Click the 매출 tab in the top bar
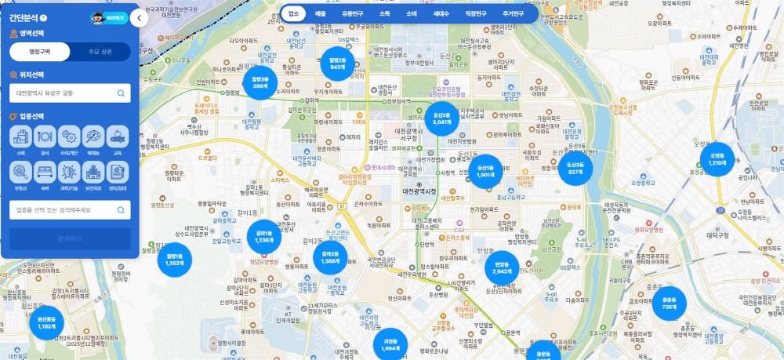[x=321, y=13]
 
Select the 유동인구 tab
[x=352, y=13]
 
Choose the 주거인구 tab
[x=513, y=13]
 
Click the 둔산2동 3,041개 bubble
[x=442, y=119]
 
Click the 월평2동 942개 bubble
[x=337, y=64]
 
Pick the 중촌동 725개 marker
[x=669, y=304]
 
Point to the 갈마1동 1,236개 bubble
[x=264, y=236]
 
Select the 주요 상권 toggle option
[x=100, y=52]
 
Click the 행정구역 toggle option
[x=39, y=52]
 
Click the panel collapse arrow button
[x=139, y=17]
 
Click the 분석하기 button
[x=70, y=239]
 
